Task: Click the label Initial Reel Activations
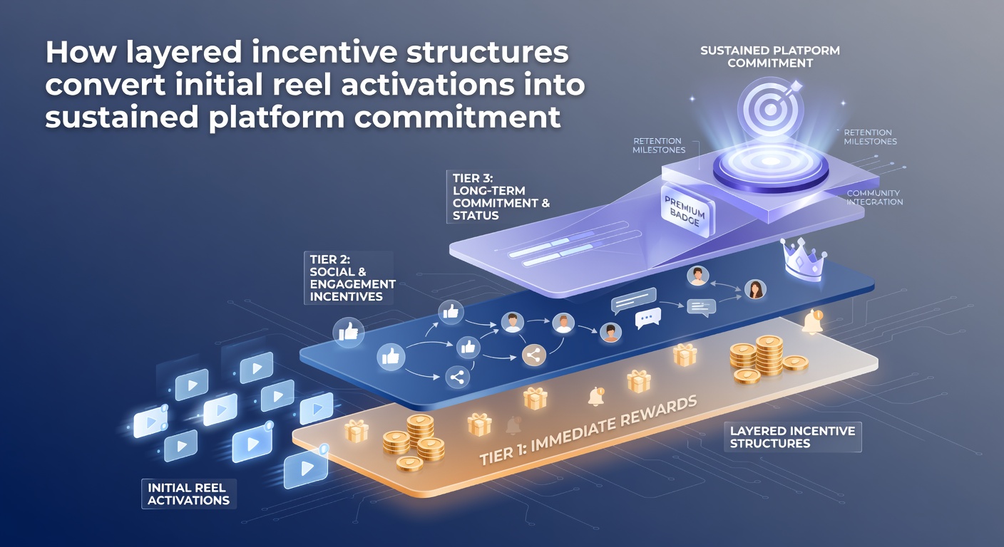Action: point(189,494)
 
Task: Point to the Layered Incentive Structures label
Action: point(792,437)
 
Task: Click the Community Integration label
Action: point(874,197)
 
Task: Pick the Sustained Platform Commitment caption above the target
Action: point(770,57)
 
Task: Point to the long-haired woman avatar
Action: point(755,289)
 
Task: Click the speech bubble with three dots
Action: point(648,318)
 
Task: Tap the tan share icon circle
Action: point(534,355)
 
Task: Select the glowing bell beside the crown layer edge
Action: point(813,322)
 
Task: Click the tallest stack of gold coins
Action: point(769,355)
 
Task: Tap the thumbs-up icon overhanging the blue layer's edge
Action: point(349,332)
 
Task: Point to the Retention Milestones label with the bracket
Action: point(659,145)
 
